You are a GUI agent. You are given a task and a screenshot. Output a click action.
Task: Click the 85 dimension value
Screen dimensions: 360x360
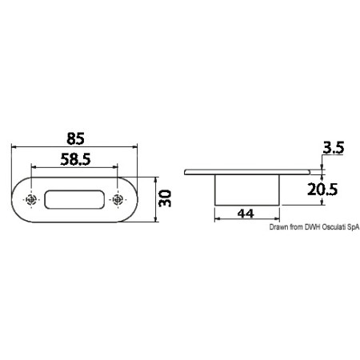[x=75, y=138]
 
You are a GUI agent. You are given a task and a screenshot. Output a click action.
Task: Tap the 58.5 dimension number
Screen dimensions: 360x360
[x=75, y=159]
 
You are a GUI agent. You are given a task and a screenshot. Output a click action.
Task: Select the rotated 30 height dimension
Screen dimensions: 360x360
[x=165, y=198]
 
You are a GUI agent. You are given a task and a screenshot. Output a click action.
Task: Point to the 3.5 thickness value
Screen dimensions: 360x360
[x=334, y=147]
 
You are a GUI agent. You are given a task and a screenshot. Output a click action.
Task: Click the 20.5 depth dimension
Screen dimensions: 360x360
[x=322, y=190]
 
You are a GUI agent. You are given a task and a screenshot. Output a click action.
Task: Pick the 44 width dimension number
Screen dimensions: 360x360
[x=246, y=214]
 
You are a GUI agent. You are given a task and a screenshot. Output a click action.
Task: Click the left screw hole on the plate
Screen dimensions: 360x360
[x=31, y=199]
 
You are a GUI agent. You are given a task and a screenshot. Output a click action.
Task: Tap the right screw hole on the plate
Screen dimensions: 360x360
[x=118, y=199]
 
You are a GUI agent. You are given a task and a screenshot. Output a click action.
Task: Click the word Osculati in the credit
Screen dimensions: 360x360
[x=334, y=227]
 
